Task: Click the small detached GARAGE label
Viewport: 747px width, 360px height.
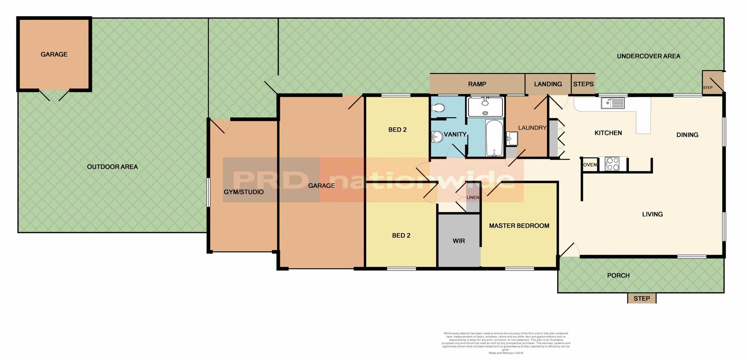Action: (x=54, y=54)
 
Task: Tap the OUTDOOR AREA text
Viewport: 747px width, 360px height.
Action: (x=112, y=167)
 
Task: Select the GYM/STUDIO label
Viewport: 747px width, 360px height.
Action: (x=244, y=192)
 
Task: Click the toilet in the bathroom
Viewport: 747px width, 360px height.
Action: (x=439, y=108)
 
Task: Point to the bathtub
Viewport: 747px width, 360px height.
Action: (x=494, y=138)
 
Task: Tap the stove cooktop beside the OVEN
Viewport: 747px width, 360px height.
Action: (x=613, y=164)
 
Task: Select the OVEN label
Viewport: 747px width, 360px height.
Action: (x=590, y=165)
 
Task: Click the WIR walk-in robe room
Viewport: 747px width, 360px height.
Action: (x=459, y=241)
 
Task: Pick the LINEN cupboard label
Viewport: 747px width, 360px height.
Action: (x=473, y=197)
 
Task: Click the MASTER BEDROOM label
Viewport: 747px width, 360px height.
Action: (x=519, y=226)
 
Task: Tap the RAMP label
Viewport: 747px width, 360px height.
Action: (x=477, y=84)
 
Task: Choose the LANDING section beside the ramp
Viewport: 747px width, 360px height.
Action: (x=548, y=84)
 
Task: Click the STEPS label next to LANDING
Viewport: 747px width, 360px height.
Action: (x=583, y=84)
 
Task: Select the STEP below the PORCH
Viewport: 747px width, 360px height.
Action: (x=642, y=299)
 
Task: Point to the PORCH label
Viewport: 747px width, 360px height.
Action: (x=618, y=276)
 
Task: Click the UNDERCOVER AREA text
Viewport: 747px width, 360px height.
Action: (x=649, y=56)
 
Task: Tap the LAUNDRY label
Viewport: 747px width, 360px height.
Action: (x=532, y=128)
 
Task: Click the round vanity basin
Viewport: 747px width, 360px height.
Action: (x=437, y=137)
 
